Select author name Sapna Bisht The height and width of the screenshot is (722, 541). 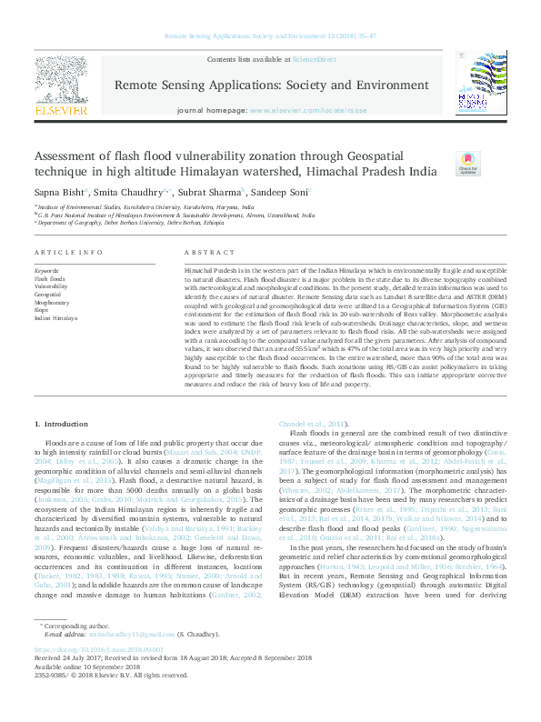58,193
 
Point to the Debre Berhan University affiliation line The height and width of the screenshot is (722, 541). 133,223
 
